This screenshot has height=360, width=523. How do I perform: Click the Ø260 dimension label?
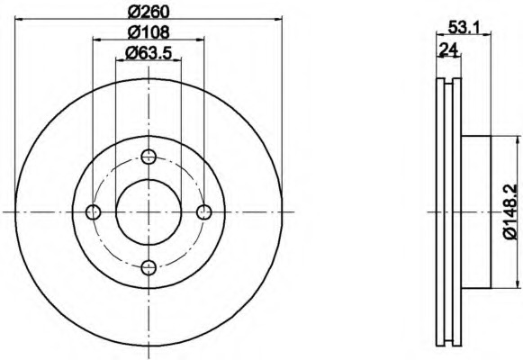[x=149, y=12]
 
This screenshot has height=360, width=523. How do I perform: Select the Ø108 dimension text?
[x=149, y=32]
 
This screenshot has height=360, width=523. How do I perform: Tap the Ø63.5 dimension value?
[x=149, y=53]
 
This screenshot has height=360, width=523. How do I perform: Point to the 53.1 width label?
[x=464, y=27]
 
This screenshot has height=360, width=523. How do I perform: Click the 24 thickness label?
[x=448, y=49]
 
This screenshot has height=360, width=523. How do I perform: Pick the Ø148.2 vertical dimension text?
[x=510, y=211]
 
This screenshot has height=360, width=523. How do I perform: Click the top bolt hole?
[x=149, y=156]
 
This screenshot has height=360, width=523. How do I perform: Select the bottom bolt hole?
[x=149, y=267]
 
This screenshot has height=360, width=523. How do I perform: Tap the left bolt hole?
[x=93, y=211]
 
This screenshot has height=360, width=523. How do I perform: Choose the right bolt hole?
[x=203, y=211]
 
